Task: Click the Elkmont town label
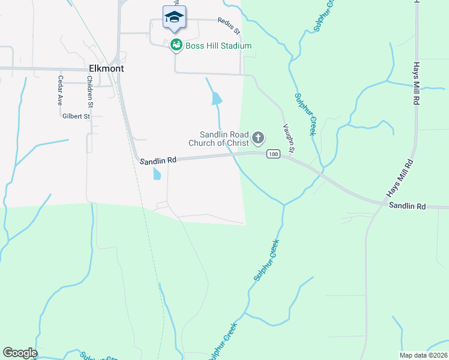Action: coord(106,68)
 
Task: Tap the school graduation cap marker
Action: coord(174,17)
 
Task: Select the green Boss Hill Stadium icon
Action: coord(176,45)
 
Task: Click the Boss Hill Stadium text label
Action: coord(218,46)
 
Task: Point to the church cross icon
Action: coord(258,139)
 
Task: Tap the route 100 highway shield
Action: coord(273,154)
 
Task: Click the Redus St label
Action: coord(229,26)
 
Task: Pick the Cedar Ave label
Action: coord(60,91)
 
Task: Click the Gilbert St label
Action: coord(76,116)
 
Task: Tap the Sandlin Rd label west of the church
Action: coord(158,160)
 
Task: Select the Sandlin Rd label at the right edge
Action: coord(407,206)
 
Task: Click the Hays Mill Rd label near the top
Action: coord(415,84)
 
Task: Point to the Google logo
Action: coord(20,353)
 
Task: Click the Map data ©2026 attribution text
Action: coord(423,355)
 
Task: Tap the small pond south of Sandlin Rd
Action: coord(157,174)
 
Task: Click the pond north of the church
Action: coord(217,98)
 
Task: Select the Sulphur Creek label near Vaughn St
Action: coord(305,114)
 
